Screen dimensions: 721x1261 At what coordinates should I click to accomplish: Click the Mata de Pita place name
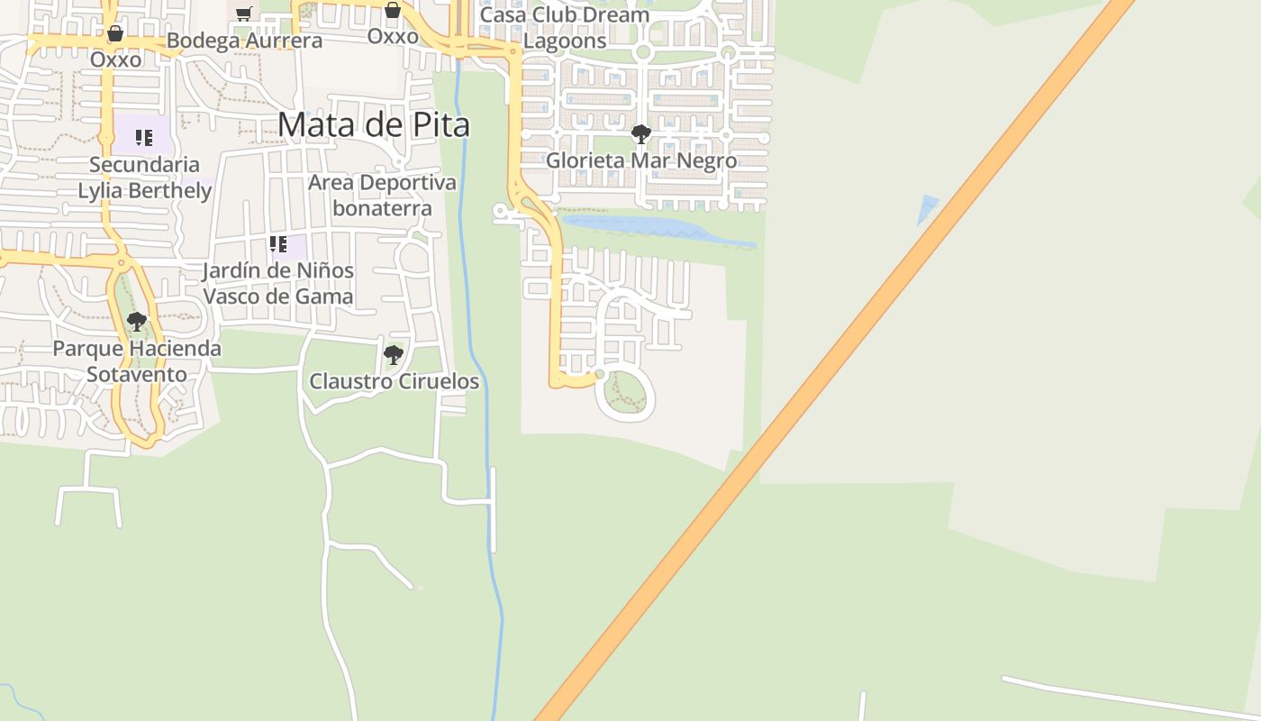click(374, 124)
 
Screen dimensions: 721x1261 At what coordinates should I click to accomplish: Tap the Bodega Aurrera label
click(244, 41)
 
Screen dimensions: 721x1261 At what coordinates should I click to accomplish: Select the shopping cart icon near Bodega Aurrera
click(243, 13)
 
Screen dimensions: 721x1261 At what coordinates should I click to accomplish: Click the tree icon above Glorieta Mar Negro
click(641, 135)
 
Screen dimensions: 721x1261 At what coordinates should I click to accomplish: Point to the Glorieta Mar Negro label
click(641, 160)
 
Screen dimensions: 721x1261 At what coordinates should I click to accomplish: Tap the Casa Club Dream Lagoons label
click(565, 28)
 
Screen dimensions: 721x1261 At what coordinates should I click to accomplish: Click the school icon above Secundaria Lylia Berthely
click(144, 138)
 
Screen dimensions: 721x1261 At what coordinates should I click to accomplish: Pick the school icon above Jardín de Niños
click(278, 244)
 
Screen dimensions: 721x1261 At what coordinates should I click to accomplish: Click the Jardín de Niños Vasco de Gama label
click(277, 283)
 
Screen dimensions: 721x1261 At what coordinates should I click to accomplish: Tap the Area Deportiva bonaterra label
click(382, 195)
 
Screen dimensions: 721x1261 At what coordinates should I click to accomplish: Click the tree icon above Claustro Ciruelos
click(393, 354)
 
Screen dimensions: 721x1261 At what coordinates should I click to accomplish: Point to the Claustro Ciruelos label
click(394, 381)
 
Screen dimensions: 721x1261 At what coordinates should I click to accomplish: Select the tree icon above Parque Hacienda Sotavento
click(137, 321)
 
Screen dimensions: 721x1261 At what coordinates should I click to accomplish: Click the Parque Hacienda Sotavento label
click(137, 360)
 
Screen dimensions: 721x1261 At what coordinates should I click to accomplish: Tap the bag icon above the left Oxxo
click(115, 34)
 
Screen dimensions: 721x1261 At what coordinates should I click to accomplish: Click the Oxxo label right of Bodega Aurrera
click(393, 36)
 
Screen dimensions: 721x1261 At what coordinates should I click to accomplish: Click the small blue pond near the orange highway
click(927, 208)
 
